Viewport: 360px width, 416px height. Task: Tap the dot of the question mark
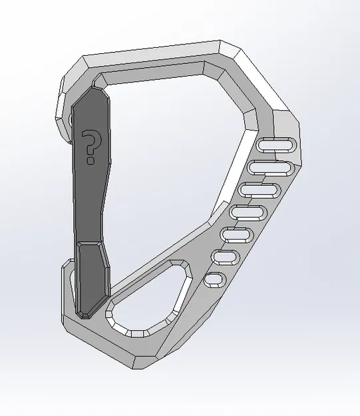pos(90,160)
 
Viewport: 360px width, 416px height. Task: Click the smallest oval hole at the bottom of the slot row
pos(215,280)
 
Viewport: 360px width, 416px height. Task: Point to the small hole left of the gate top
pos(71,120)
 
